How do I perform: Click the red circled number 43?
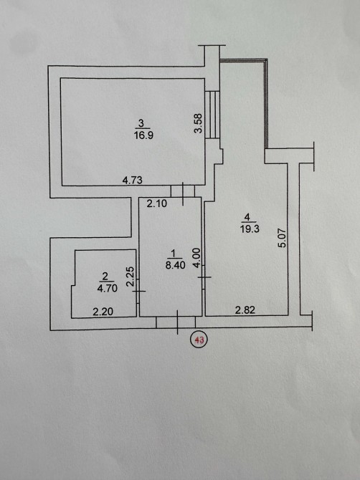[199, 340]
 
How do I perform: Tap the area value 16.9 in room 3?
[143, 135]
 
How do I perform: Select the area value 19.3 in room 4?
[250, 229]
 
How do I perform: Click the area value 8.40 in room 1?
[175, 265]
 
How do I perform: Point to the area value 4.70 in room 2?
[108, 288]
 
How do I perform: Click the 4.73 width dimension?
[133, 180]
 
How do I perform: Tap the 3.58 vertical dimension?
[199, 123]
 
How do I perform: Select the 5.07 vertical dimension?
[283, 238]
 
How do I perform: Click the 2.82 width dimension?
[245, 310]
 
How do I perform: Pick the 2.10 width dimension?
[156, 203]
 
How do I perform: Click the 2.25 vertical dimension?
[131, 277]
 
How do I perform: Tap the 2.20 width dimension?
[103, 312]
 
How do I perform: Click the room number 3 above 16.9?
[141, 123]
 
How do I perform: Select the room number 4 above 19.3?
[247, 217]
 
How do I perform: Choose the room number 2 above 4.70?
[105, 277]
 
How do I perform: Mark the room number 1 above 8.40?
[174, 254]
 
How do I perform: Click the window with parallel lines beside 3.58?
[212, 115]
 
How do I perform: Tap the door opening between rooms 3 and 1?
[183, 191]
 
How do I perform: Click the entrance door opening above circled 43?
[176, 322]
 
